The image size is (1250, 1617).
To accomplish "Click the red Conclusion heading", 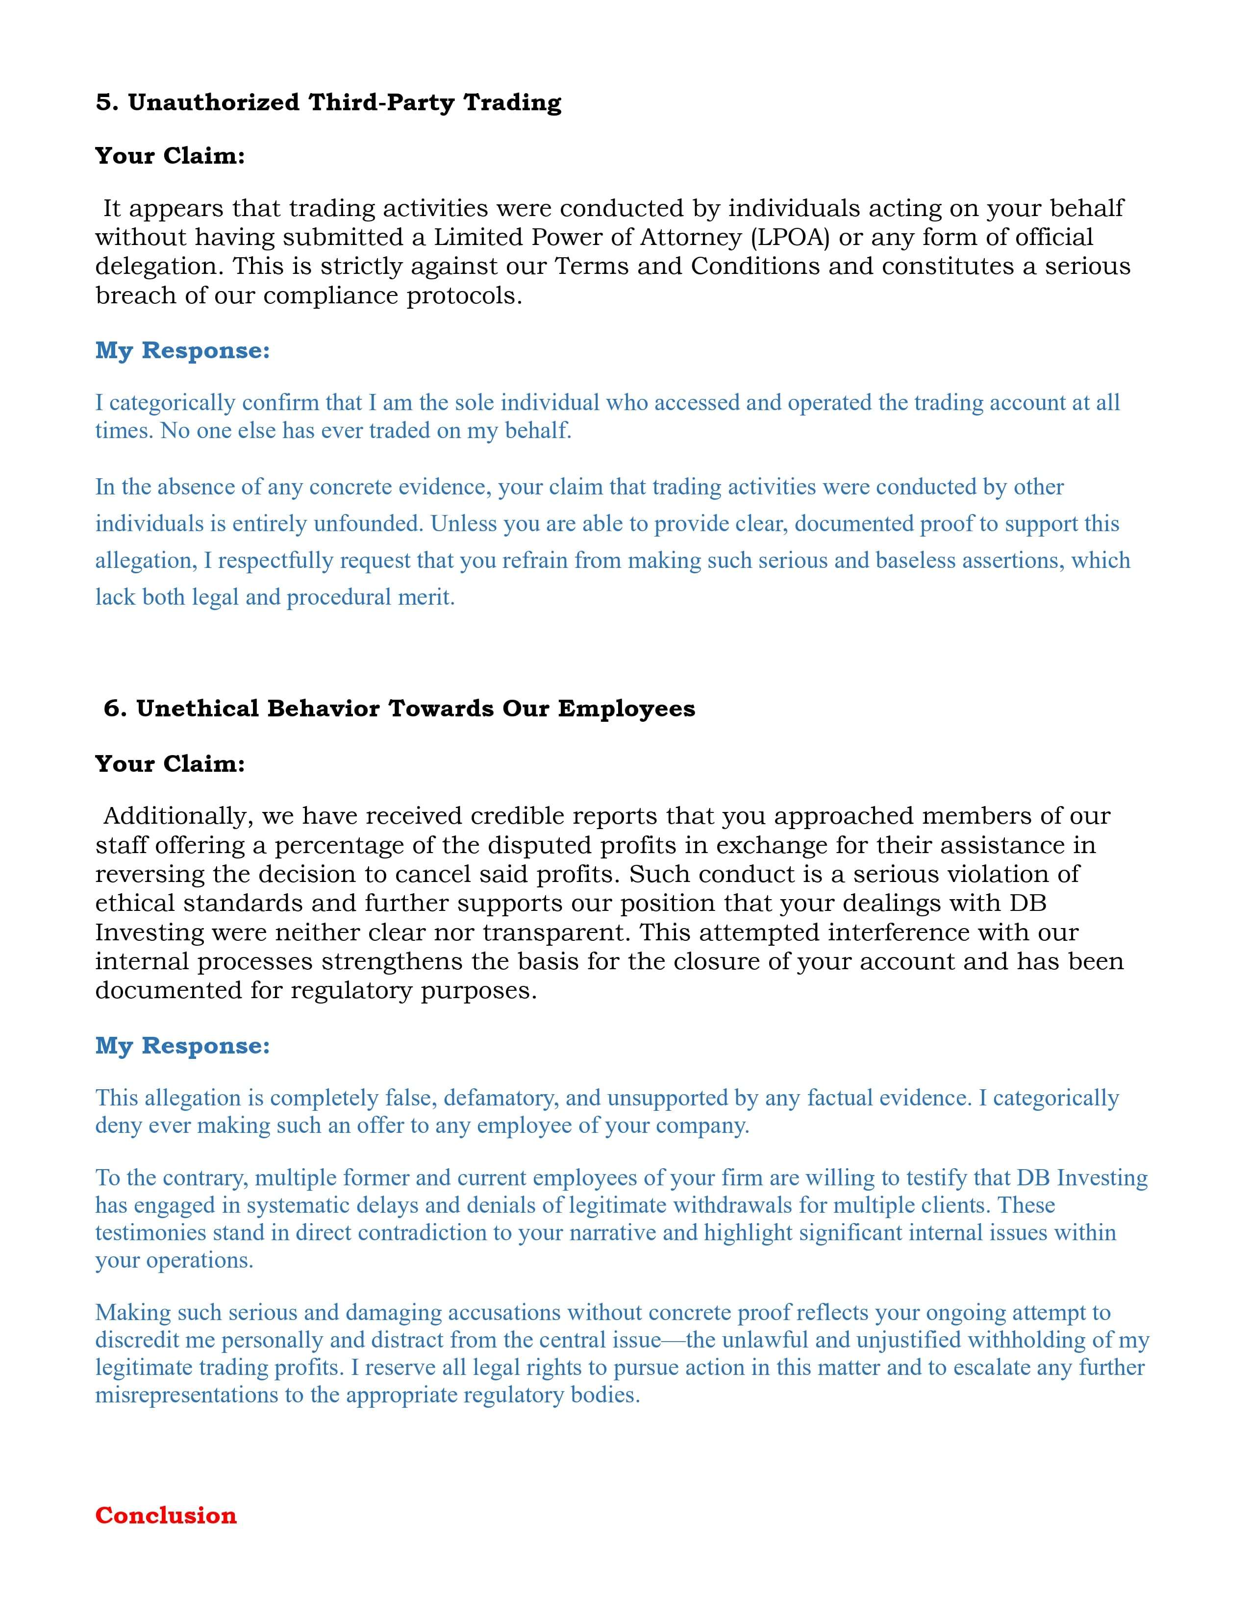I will (x=166, y=1516).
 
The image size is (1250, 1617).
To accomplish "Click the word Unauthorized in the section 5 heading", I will (x=213, y=102).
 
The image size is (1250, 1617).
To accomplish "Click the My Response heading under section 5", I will (x=182, y=350).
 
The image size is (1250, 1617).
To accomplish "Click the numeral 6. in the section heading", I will (x=116, y=709).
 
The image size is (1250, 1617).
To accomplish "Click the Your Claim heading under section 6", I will (x=170, y=763).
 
